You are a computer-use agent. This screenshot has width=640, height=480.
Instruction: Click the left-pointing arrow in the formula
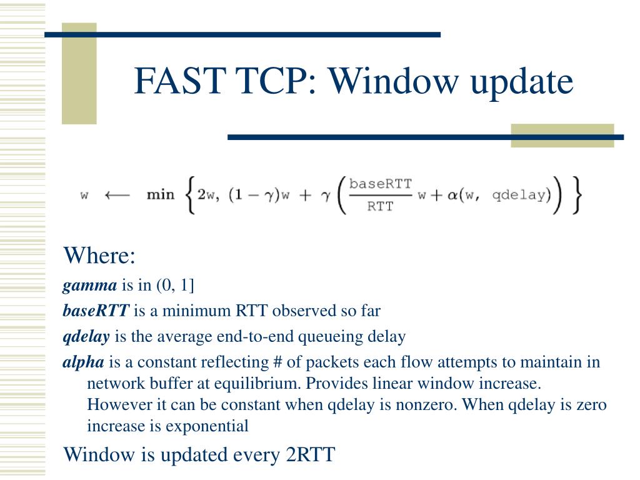117,194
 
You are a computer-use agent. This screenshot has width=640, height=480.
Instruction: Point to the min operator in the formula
161,194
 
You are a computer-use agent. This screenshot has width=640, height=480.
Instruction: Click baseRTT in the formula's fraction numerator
380,184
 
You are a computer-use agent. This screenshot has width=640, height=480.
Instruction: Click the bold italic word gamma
89,286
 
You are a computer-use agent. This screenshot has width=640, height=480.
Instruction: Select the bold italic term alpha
84,362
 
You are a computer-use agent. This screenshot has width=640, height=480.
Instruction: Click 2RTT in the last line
311,454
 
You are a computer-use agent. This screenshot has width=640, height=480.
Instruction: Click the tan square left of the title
79,74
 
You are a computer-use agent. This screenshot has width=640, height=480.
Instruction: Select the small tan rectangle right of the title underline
562,136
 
